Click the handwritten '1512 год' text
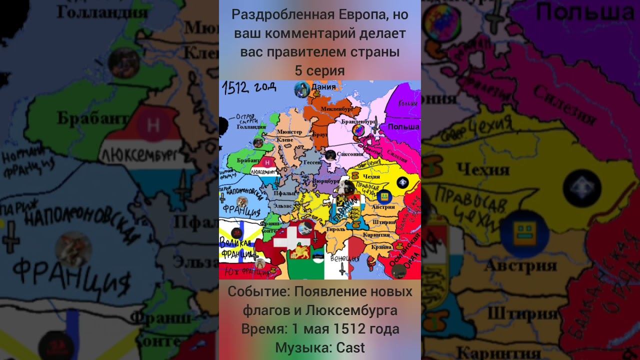(x=249, y=87)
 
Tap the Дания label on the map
(x=323, y=87)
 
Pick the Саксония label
(x=349, y=154)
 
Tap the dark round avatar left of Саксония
(x=330, y=155)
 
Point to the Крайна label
(x=381, y=247)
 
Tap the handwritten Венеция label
(x=344, y=259)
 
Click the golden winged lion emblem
(x=300, y=251)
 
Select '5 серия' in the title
(x=319, y=71)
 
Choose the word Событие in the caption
(x=258, y=291)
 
